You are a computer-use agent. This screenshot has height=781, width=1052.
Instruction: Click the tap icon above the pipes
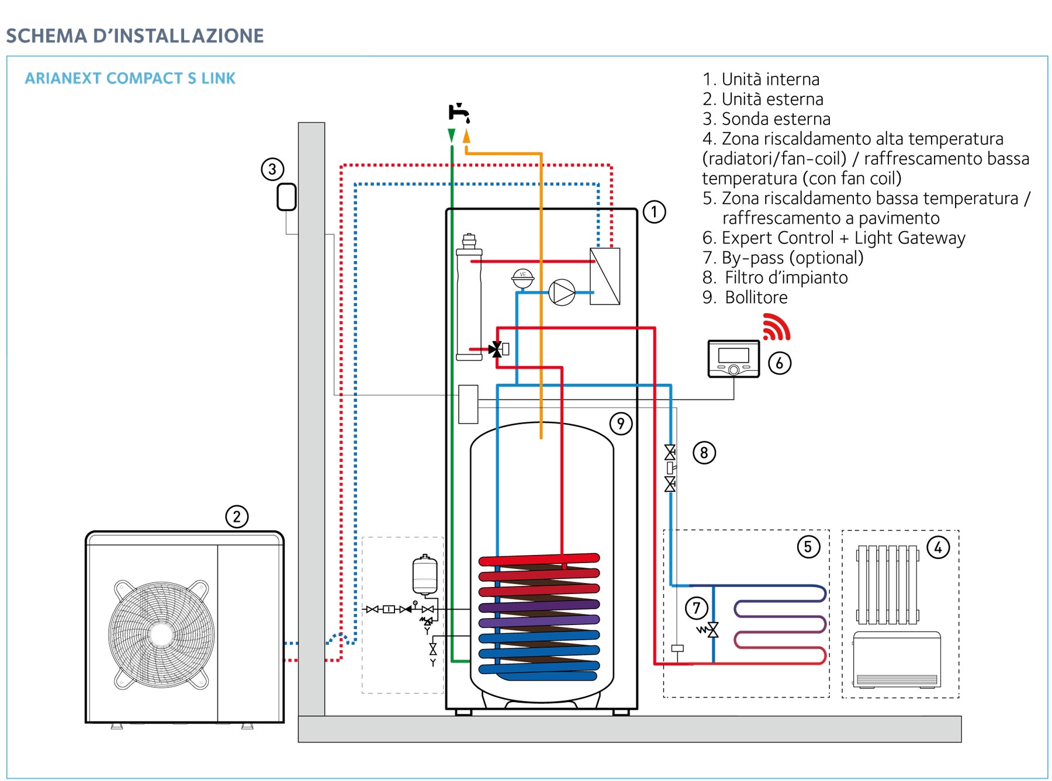(x=459, y=113)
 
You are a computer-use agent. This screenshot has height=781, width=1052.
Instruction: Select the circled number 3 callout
(x=272, y=169)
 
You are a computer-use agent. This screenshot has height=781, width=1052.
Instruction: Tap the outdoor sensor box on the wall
(x=286, y=197)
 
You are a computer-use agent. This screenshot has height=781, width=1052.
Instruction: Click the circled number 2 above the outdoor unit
(x=237, y=516)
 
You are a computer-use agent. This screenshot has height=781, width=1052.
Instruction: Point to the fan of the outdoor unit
(x=161, y=634)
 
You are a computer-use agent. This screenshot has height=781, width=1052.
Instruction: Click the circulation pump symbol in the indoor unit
(x=562, y=292)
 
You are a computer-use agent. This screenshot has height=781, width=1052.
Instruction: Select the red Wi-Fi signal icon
(x=776, y=327)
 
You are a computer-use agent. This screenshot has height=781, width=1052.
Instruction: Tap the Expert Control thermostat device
(x=733, y=359)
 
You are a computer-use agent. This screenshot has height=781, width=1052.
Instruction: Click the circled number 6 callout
(x=780, y=363)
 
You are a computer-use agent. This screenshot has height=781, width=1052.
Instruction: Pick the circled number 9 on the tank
(x=621, y=424)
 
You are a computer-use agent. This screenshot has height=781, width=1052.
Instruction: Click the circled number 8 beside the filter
(x=704, y=453)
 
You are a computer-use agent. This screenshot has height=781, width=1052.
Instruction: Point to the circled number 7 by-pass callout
(x=697, y=608)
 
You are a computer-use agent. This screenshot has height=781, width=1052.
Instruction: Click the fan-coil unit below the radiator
(x=897, y=659)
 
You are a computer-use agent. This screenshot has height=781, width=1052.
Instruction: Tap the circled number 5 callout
(x=809, y=547)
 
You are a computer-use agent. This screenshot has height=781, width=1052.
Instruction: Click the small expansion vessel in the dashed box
(x=425, y=575)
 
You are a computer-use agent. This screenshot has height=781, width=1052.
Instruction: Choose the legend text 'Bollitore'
(x=756, y=297)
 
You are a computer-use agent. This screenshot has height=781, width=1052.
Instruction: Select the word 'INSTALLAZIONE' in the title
(x=178, y=36)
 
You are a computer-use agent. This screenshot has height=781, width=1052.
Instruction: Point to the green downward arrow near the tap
(x=451, y=136)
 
